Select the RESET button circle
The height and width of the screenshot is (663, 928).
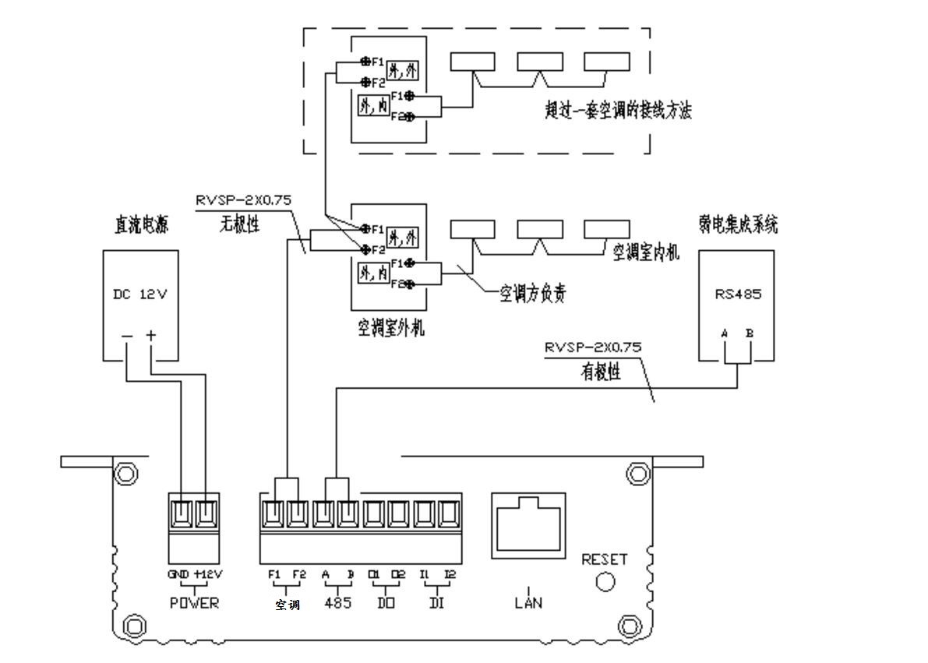604,581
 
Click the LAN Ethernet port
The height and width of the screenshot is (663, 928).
529,525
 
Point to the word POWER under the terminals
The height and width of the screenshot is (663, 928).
194,604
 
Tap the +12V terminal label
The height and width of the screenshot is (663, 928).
208,574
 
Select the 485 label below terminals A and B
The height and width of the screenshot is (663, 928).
337,603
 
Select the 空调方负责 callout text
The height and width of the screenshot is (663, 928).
532,294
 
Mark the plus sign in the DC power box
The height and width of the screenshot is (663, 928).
151,336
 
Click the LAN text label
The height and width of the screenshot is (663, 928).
528,602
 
